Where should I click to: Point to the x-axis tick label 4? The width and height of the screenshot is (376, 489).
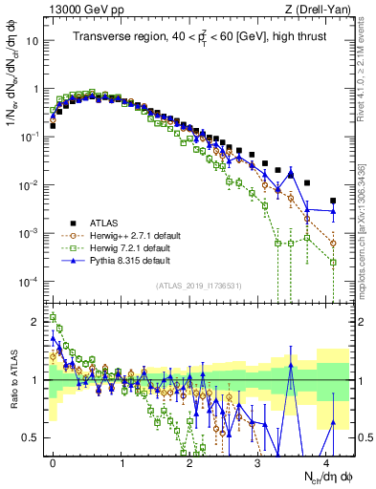click(326, 460)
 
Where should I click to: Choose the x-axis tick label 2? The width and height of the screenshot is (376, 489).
click(189, 460)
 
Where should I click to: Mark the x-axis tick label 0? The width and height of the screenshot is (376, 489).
click(53, 460)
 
